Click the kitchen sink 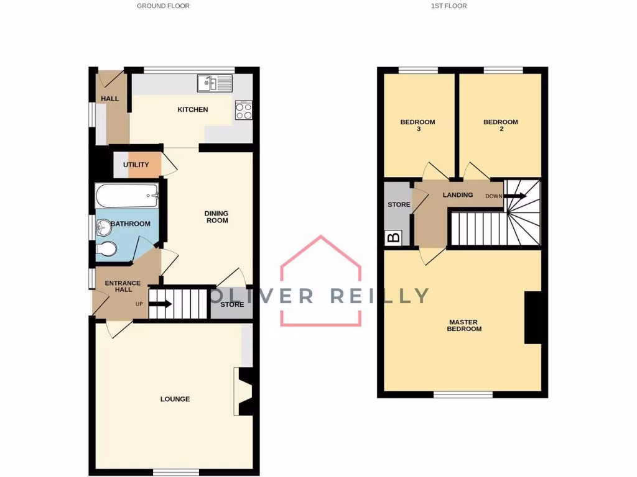[x=214, y=83]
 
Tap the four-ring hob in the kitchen [x=243, y=110]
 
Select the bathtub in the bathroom [x=127, y=196]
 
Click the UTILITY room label [x=136, y=165]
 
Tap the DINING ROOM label [x=216, y=217]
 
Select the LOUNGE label [x=175, y=399]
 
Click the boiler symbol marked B [x=393, y=237]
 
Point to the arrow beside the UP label [x=160, y=304]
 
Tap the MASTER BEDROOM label [x=464, y=325]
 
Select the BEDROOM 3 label [x=417, y=125]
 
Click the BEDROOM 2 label [x=501, y=125]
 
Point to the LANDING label [x=458, y=195]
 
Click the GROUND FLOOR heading [x=163, y=6]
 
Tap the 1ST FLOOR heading [x=449, y=6]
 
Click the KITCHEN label [x=193, y=110]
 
